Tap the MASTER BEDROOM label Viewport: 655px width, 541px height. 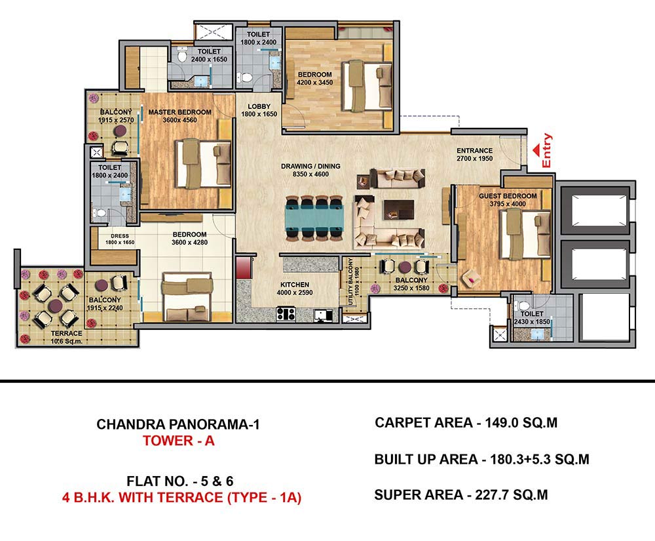click(x=179, y=112)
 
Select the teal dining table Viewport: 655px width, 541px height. click(x=314, y=218)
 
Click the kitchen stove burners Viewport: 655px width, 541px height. click(x=286, y=314)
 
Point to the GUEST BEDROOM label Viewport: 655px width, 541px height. click(x=508, y=195)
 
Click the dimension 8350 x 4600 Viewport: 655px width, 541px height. click(x=310, y=174)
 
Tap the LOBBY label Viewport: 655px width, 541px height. click(x=259, y=106)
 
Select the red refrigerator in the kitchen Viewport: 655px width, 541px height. click(x=244, y=268)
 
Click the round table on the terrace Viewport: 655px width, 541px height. click(x=55, y=306)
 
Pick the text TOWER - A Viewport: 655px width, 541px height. click(x=178, y=441)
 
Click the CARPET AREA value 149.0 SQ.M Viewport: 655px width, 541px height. click(x=521, y=423)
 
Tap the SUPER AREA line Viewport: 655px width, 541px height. click(x=461, y=495)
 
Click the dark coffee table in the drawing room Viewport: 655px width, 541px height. click(x=398, y=209)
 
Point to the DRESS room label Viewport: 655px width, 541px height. click(x=120, y=236)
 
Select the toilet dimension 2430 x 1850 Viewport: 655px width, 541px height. click(x=532, y=321)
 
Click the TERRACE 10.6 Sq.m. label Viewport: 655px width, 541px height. click(x=66, y=337)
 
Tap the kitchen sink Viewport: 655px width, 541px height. click(x=323, y=315)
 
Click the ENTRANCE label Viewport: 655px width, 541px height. click(x=474, y=151)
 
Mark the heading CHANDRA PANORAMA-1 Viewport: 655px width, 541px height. click(x=178, y=424)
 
